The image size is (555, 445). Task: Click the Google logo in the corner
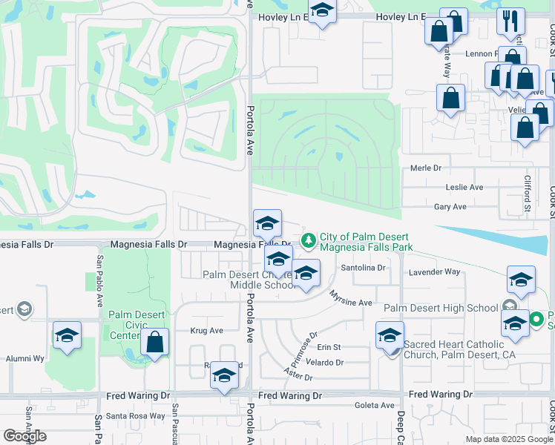(x=25, y=436)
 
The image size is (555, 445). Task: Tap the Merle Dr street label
(x=426, y=169)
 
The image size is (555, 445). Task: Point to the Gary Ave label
(x=450, y=207)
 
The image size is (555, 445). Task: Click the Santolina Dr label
(x=364, y=268)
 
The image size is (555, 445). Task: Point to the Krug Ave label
(x=206, y=331)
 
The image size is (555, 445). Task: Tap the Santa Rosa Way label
(x=137, y=415)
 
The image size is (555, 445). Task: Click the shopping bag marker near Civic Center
(x=154, y=343)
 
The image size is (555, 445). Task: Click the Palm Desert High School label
(x=440, y=308)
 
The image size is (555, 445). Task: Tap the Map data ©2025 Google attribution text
(x=508, y=439)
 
